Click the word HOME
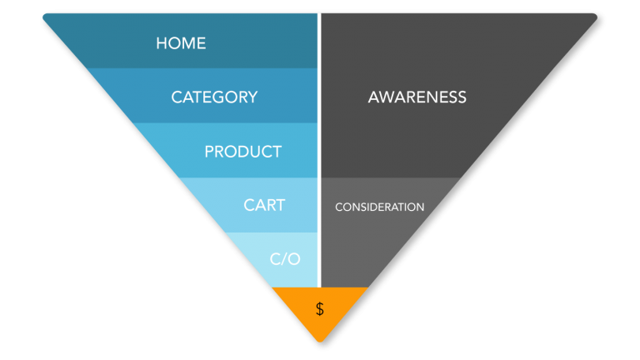coord(181,42)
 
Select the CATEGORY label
coord(214,97)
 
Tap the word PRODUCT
coord(242,152)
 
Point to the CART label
coord(264,205)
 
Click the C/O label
coord(285,258)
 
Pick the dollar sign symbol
coord(319,309)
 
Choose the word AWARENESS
coord(417,97)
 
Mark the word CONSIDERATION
coord(379,207)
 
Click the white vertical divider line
coord(318,150)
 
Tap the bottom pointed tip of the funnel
coord(319,341)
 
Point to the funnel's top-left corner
coord(46,15)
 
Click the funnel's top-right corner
coord(594,15)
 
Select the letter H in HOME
coord(162,42)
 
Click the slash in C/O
coord(285,258)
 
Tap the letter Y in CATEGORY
coord(252,97)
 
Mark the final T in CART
coord(280,205)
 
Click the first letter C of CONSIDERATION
coord(338,207)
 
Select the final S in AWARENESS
coord(462,97)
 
